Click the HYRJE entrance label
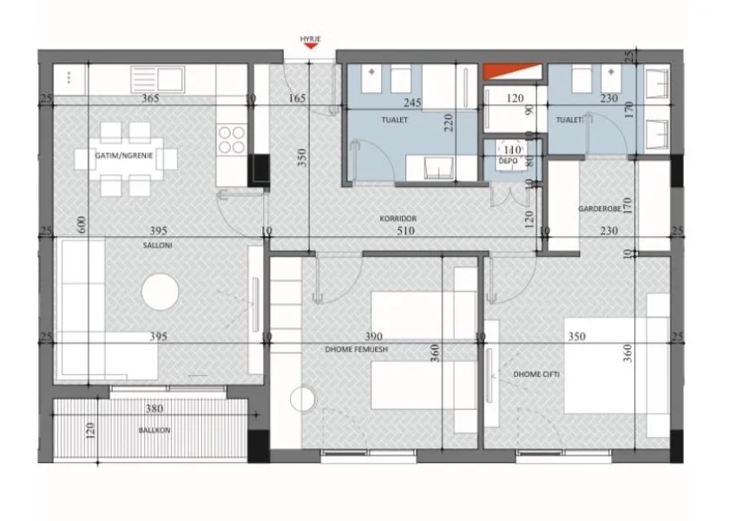pos(310,39)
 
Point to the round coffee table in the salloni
pos(161,293)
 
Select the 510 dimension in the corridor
pos(404,231)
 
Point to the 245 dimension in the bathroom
pos(411,102)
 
